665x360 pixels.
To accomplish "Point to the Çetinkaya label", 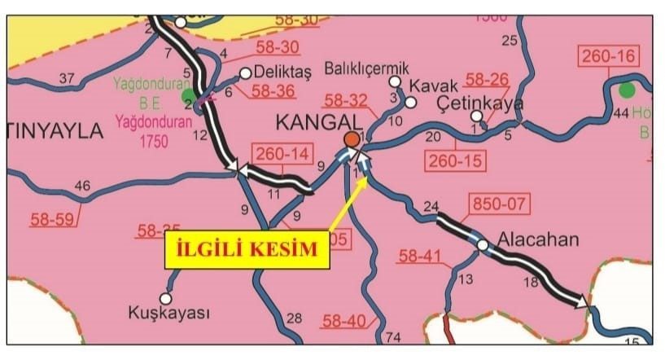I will (480, 103).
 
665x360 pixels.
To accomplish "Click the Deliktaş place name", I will (283, 72).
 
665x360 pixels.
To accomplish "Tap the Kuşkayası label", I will (169, 313).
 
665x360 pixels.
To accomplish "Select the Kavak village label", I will (434, 85).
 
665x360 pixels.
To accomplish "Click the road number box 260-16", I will (610, 57).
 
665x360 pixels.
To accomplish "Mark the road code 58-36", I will (273, 91).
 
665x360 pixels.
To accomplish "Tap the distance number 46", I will (82, 187).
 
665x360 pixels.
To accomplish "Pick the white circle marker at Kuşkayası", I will (169, 296).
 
